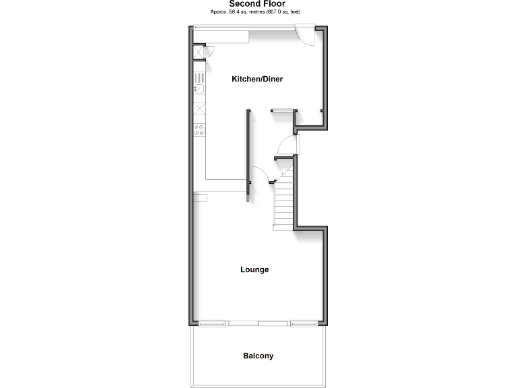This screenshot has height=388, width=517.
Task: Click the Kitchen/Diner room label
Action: [x=257, y=79]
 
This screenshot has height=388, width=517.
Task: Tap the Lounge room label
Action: [x=254, y=269]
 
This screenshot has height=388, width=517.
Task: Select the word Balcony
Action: [x=258, y=356]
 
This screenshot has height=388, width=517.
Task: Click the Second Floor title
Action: [x=257, y=4]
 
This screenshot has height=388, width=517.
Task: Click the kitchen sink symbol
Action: [x=199, y=88]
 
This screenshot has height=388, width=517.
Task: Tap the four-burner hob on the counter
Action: [x=199, y=129]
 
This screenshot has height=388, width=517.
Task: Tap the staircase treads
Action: [x=283, y=202]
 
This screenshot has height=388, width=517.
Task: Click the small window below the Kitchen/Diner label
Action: [x=281, y=109]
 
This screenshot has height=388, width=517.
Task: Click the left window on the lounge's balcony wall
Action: [x=211, y=324]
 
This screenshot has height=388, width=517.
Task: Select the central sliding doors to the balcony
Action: [x=258, y=324]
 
